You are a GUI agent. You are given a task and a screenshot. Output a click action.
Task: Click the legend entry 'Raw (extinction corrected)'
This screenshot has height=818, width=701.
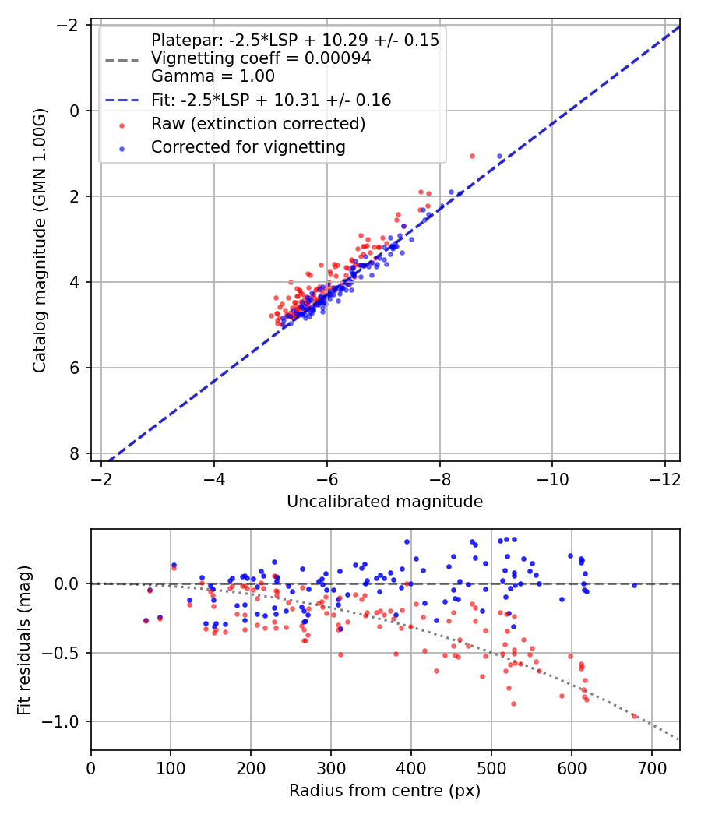(x=258, y=123)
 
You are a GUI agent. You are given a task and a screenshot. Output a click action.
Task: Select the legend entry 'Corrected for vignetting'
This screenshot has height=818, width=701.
(x=248, y=146)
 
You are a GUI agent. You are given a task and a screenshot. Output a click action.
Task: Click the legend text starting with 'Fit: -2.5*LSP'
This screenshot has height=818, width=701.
(x=271, y=100)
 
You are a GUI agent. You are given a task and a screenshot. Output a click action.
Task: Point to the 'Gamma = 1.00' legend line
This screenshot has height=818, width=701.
(x=213, y=76)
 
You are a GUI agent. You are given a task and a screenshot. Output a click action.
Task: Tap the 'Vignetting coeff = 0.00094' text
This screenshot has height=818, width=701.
(x=261, y=58)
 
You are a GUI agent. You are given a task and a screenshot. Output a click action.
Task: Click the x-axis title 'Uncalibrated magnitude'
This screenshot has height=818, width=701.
(x=385, y=502)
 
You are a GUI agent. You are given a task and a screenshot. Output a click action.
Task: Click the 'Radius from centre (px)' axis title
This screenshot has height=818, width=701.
(x=385, y=791)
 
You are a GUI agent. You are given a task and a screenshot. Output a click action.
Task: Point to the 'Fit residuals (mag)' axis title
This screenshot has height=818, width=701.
(x=24, y=640)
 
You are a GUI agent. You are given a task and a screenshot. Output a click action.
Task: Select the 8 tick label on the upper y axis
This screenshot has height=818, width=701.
(x=75, y=453)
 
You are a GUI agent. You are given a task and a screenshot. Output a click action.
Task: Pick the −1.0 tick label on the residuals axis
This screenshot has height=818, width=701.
(x=65, y=721)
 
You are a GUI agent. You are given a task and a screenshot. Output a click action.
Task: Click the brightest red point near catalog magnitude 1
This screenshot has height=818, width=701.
(x=472, y=156)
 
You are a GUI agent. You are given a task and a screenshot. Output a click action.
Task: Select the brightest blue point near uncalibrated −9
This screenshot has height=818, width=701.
(x=500, y=157)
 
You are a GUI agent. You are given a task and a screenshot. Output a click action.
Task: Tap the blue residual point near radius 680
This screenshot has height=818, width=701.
(x=634, y=585)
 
